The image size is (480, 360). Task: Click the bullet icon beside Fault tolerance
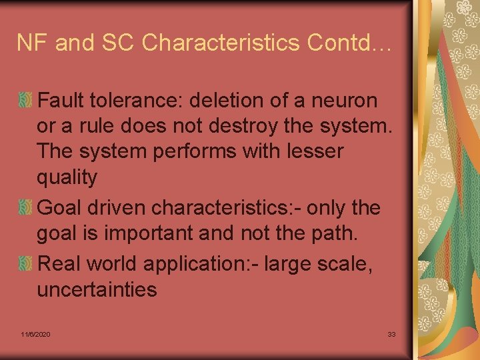[25, 101]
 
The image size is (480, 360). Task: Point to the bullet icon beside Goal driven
[25, 208]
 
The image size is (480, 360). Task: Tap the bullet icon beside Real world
[25, 263]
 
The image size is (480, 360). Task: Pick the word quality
[67, 177]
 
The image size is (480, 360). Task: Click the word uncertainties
[97, 290]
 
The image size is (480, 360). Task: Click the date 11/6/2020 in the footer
[35, 333]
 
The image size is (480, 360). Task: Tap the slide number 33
[391, 333]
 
